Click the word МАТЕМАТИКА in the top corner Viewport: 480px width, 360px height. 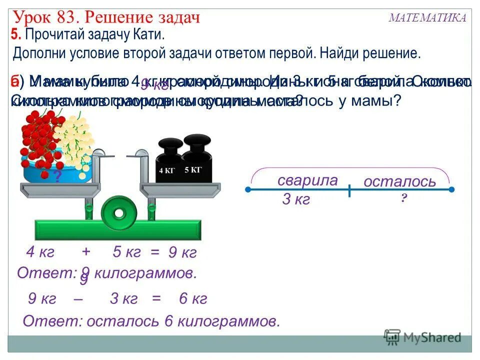(427, 18)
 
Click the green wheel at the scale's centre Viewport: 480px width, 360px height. (118, 213)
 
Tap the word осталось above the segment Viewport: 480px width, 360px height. (399, 181)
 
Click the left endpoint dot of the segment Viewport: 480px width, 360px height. (248, 190)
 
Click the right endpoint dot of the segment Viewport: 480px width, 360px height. (451, 190)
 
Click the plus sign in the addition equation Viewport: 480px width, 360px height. (86, 251)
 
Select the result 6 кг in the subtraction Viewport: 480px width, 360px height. (192, 299)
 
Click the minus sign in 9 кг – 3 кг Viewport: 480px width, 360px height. (78, 299)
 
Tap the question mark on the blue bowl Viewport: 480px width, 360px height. (57, 176)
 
